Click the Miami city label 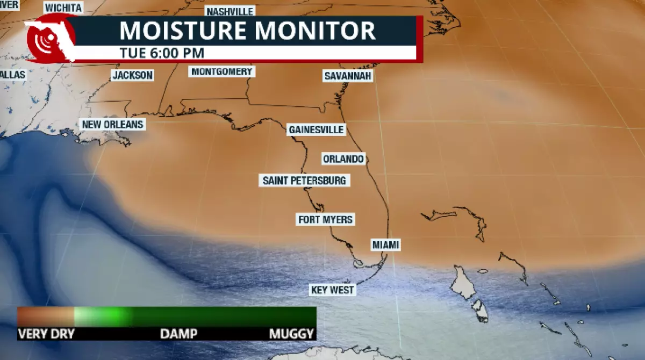(386, 245)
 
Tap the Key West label (333, 290)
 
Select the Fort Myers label (326, 219)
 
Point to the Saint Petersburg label (304, 181)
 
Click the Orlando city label (343, 159)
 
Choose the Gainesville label (316, 129)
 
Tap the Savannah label (348, 76)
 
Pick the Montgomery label (221, 71)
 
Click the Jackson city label (132, 75)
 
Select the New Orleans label (112, 125)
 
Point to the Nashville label (230, 11)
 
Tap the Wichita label (63, 8)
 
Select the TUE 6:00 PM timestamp (161, 53)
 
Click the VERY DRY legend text (46, 334)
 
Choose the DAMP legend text (178, 334)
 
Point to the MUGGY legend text (291, 334)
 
